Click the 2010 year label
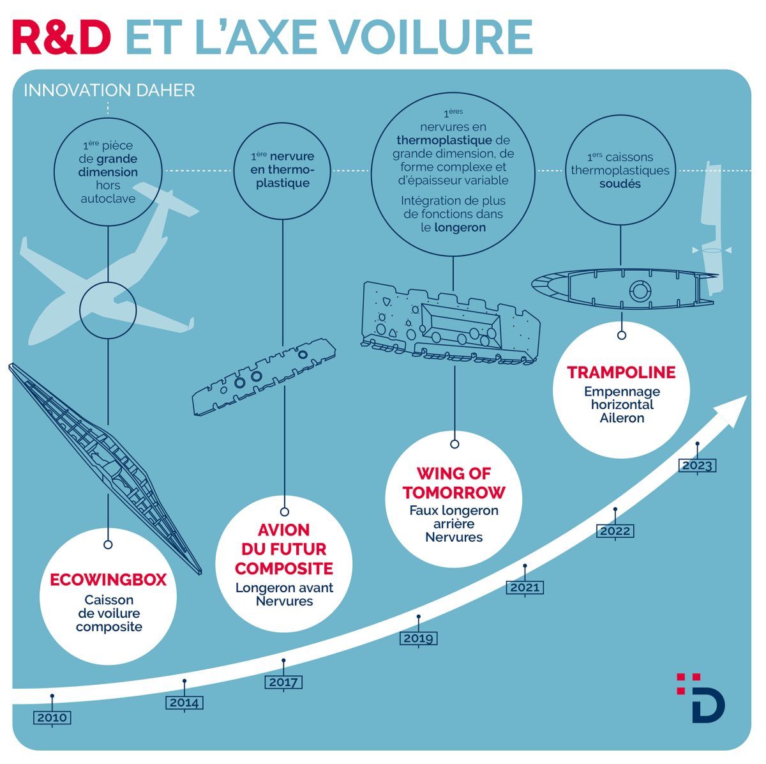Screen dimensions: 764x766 pos(52,718)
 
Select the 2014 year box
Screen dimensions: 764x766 pos(184,703)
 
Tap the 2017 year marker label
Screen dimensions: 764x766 pos(283,682)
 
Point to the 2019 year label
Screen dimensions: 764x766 pos(419,638)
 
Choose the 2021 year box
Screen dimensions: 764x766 pos(525,588)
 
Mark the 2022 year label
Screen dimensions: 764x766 pos(615,531)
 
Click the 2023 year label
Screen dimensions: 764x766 pos(697,466)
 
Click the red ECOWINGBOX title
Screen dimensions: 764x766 pos(109,580)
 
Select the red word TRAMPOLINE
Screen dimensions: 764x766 pos(622,372)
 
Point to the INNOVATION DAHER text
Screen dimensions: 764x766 pos(109,91)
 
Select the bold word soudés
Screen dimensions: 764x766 pos(620,184)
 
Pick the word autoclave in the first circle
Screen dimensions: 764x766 pos(108,199)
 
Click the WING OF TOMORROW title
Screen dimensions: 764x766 pos(454,483)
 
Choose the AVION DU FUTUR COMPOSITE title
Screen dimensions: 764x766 pos(285,549)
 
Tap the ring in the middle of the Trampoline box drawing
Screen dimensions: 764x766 pos(639,291)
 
